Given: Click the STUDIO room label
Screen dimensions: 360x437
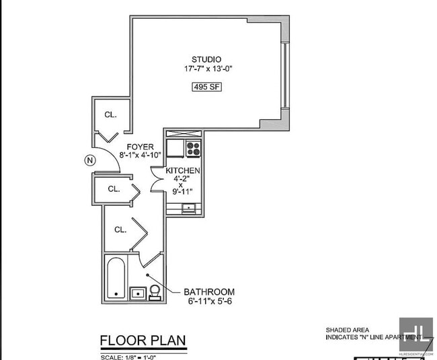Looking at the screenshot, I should point(206,59).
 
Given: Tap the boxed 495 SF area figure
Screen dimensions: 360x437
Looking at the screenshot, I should point(206,87).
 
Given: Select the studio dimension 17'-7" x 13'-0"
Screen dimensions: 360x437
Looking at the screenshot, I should point(206,69).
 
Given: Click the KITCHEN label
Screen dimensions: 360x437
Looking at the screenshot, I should point(183,172).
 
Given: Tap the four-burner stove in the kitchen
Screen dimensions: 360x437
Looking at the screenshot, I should point(193,148).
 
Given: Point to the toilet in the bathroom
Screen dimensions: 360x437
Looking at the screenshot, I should point(155,291).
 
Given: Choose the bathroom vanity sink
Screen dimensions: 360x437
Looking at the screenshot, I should point(137,293).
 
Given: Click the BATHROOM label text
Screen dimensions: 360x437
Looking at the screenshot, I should point(210,292).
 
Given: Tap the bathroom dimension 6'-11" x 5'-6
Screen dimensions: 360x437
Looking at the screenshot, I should point(210,301).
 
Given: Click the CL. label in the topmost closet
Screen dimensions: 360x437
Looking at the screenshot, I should point(110,115).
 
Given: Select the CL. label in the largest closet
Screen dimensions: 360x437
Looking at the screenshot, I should point(120,229).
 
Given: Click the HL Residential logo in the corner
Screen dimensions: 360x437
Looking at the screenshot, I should point(415,334).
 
